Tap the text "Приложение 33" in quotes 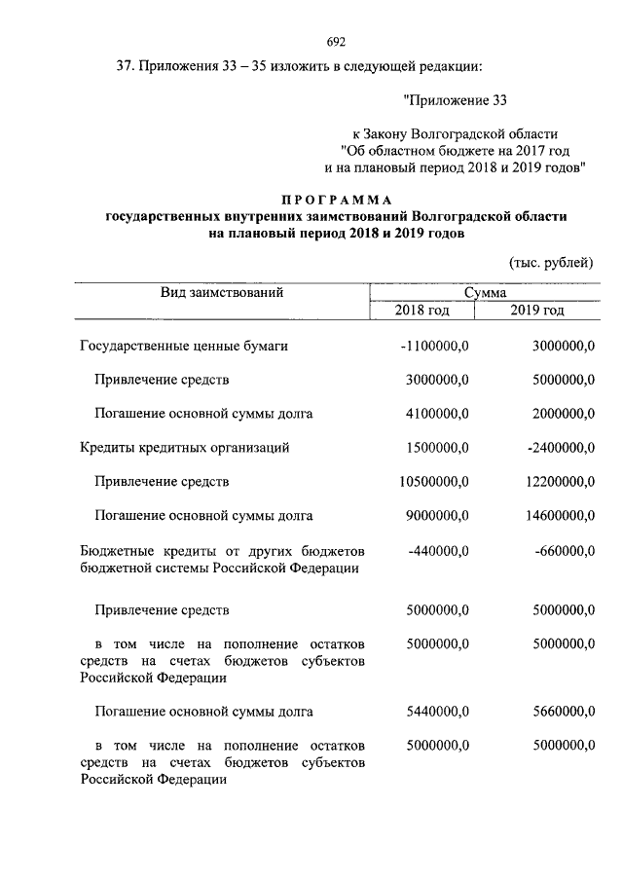tap(455, 98)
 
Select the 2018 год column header tap(421, 311)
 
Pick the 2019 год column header tap(536, 311)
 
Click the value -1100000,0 tap(434, 346)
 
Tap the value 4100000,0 tap(438, 414)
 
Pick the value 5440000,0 tap(438, 712)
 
